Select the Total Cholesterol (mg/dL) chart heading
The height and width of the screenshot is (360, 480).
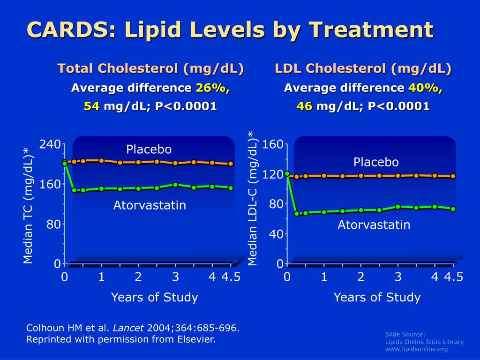tap(150, 69)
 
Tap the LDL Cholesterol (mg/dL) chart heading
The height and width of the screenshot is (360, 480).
tap(363, 69)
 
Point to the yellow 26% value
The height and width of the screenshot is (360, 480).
tap(213, 88)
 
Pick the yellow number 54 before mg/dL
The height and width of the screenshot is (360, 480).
tap(91, 106)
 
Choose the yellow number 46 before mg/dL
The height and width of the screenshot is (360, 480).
tap(304, 106)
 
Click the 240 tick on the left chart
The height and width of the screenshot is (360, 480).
tap(50, 144)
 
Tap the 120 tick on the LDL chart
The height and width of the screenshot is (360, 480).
tap(273, 174)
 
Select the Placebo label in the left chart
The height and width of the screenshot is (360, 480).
tap(149, 150)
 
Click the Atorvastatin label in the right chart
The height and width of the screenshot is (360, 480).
tap(374, 225)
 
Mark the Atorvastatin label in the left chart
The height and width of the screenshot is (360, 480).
tap(150, 205)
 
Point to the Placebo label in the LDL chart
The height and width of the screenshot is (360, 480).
tap(376, 162)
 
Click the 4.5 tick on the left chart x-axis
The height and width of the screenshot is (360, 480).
tap(231, 277)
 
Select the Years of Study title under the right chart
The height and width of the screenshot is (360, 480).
tap(377, 297)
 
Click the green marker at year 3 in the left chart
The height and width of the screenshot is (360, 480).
tap(175, 185)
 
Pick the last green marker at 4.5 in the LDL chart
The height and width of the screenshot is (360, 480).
tap(453, 209)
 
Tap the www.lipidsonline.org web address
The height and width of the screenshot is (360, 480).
tap(416, 349)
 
